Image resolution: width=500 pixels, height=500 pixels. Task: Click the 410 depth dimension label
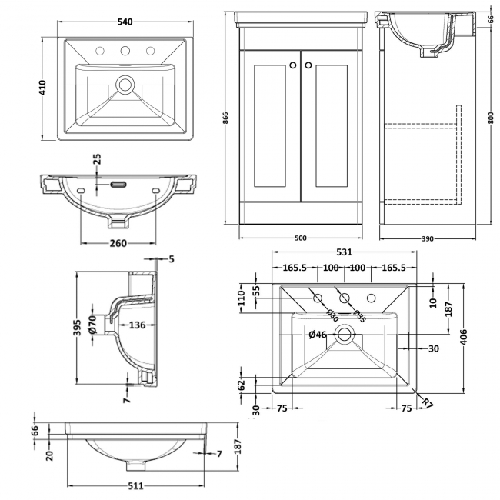[x=43, y=88]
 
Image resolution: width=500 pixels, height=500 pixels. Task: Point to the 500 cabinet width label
[x=300, y=238]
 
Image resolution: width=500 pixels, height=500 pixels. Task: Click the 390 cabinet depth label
[x=428, y=238]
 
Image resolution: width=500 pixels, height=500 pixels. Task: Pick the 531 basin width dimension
[x=344, y=252]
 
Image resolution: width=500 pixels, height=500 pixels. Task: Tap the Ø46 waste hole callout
[x=318, y=335]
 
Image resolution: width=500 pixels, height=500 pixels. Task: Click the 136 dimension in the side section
[x=136, y=325]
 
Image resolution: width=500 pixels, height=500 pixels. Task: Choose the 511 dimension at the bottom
[x=135, y=486]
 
